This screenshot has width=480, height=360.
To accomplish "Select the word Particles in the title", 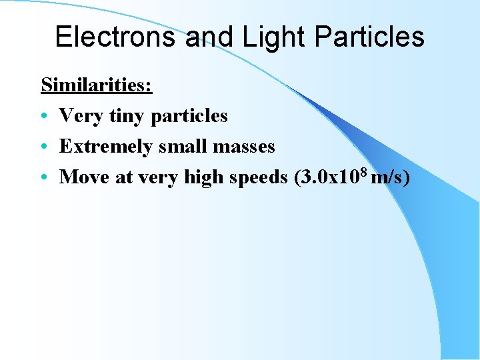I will pos(365,37).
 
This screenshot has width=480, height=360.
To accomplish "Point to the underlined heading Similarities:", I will pos(97,85).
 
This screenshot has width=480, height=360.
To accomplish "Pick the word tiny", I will pos(129,116).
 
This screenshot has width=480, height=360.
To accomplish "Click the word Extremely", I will pos(107,146).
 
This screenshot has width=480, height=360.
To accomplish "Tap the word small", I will pos(183,146).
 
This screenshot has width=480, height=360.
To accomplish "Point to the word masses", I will pos(244,146).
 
